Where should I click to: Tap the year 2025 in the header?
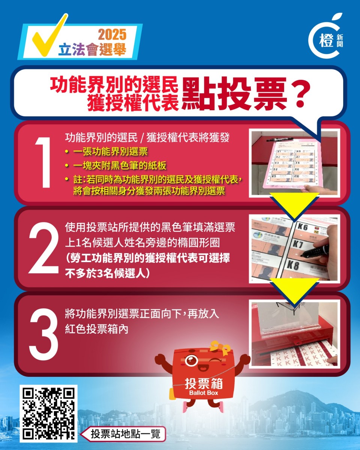112,35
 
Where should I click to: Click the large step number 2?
43,248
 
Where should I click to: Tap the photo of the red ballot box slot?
294,334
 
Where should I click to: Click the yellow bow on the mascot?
220,347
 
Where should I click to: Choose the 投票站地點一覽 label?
125,434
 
